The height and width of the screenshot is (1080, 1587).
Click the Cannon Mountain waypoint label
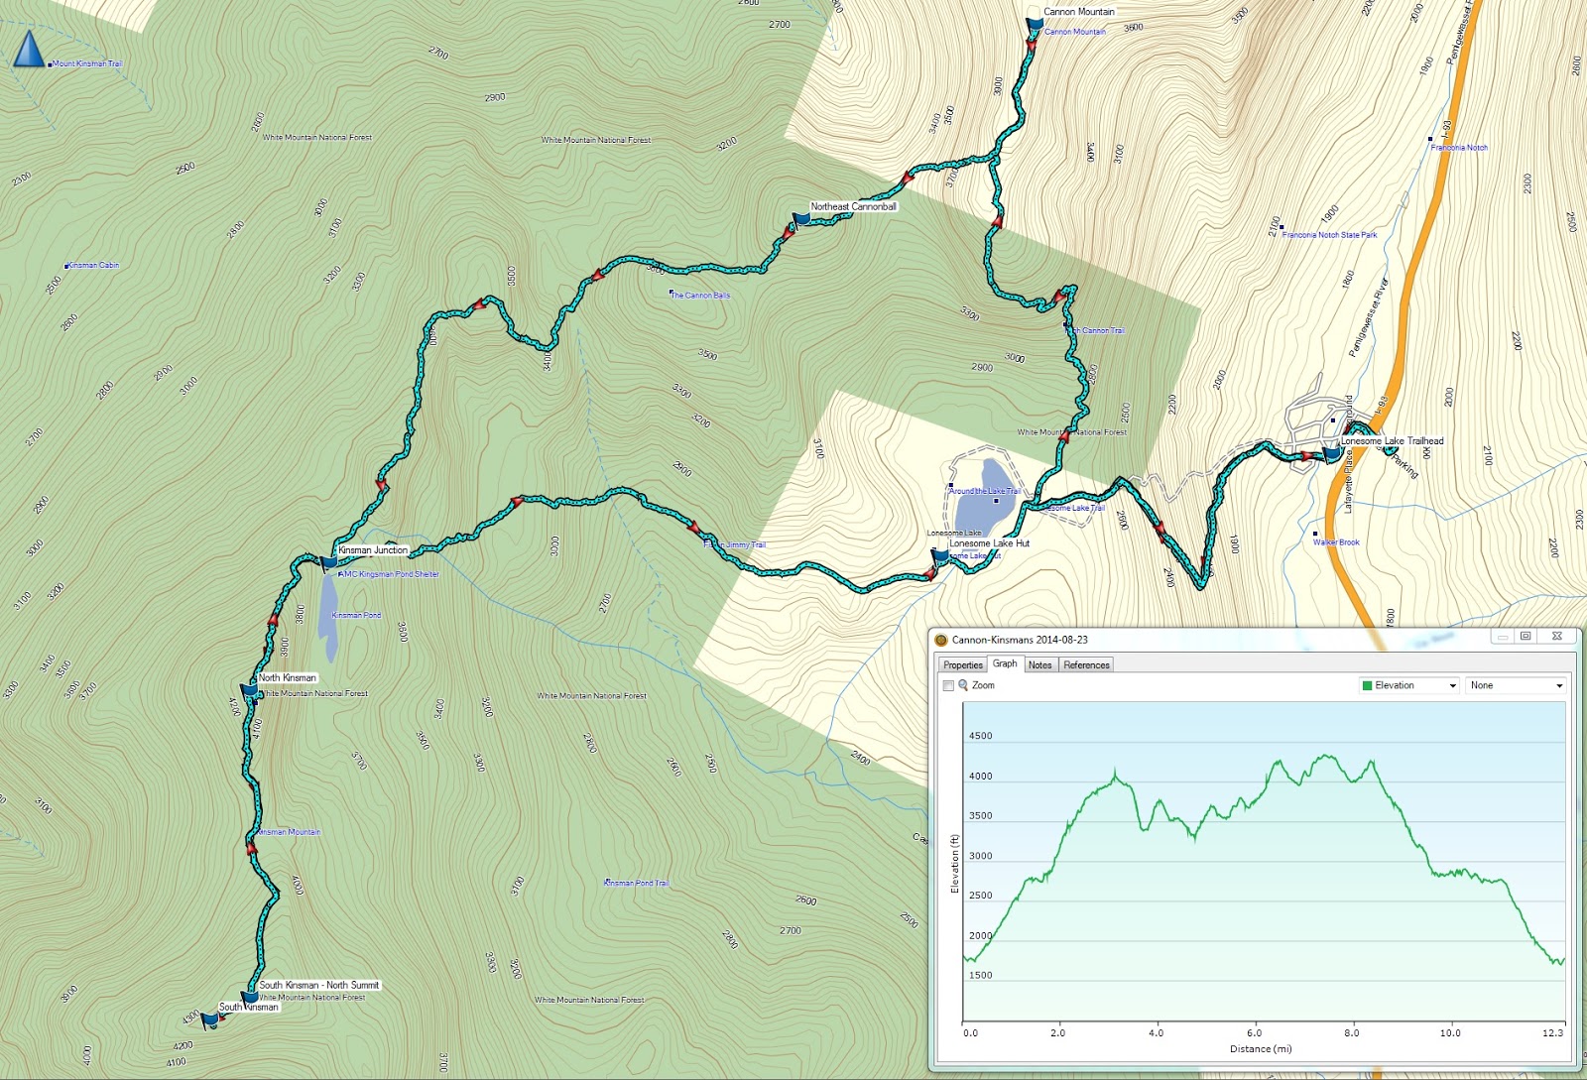click(1078, 12)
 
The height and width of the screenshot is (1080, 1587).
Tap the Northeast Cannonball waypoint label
click(853, 207)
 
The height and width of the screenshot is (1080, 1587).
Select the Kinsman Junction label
click(373, 550)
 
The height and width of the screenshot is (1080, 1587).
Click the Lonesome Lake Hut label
click(989, 543)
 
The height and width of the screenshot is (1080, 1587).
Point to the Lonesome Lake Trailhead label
click(1392, 441)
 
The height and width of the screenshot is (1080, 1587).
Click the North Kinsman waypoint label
click(287, 678)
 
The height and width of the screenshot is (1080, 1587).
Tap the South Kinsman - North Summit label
click(318, 985)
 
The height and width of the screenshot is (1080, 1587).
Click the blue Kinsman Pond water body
click(328, 620)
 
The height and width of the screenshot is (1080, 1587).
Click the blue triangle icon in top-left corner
click(29, 50)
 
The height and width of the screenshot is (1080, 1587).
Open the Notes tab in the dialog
click(1039, 665)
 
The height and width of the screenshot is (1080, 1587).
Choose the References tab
click(1086, 665)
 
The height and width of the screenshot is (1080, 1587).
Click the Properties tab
click(962, 665)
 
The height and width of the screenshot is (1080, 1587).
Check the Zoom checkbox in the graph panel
click(948, 686)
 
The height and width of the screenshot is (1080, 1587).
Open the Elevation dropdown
click(1408, 685)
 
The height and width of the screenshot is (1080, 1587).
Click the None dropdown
click(1515, 685)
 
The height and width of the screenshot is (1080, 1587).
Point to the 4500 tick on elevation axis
click(980, 736)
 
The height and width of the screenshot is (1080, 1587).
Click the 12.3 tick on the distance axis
click(1552, 1033)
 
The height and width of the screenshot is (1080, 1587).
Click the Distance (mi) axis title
click(1261, 1049)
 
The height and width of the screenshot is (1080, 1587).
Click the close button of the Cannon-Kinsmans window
click(1556, 637)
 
